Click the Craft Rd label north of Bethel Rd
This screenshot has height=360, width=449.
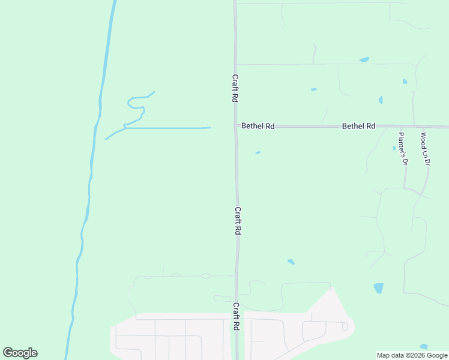[235, 88]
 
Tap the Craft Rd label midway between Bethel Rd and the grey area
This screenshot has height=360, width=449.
[238, 221]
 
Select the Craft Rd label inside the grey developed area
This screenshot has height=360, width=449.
[237, 316]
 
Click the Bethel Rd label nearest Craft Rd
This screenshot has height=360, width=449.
[258, 126]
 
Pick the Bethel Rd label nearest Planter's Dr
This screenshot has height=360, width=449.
[358, 126]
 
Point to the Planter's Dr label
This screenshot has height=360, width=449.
[403, 149]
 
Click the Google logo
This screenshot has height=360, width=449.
[20, 353]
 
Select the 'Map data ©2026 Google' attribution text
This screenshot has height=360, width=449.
[412, 355]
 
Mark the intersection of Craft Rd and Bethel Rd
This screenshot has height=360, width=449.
[235, 126]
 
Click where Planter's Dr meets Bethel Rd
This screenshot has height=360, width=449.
[401, 127]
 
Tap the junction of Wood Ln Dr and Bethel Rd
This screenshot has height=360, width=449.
[423, 127]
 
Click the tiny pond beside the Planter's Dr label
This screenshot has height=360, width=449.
[394, 148]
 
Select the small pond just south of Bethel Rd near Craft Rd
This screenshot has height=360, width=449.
[258, 152]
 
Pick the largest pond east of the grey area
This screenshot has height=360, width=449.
[378, 288]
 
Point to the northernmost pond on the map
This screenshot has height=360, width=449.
[364, 59]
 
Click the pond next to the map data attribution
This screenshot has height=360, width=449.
[424, 346]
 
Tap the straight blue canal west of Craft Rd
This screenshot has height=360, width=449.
[168, 128]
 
